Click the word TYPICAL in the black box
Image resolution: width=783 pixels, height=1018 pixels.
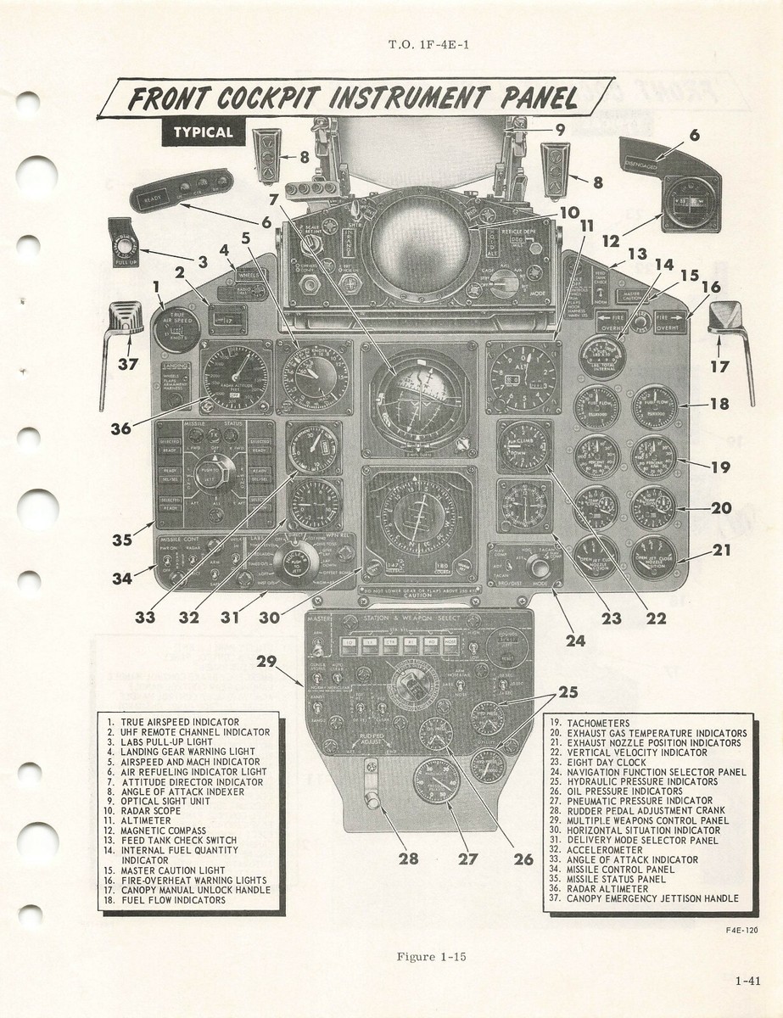click(x=203, y=132)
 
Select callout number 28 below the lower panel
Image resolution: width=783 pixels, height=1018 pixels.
click(x=409, y=859)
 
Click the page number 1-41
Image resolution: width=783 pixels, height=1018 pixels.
click(x=747, y=982)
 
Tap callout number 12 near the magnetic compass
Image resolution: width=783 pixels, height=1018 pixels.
click(x=611, y=240)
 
